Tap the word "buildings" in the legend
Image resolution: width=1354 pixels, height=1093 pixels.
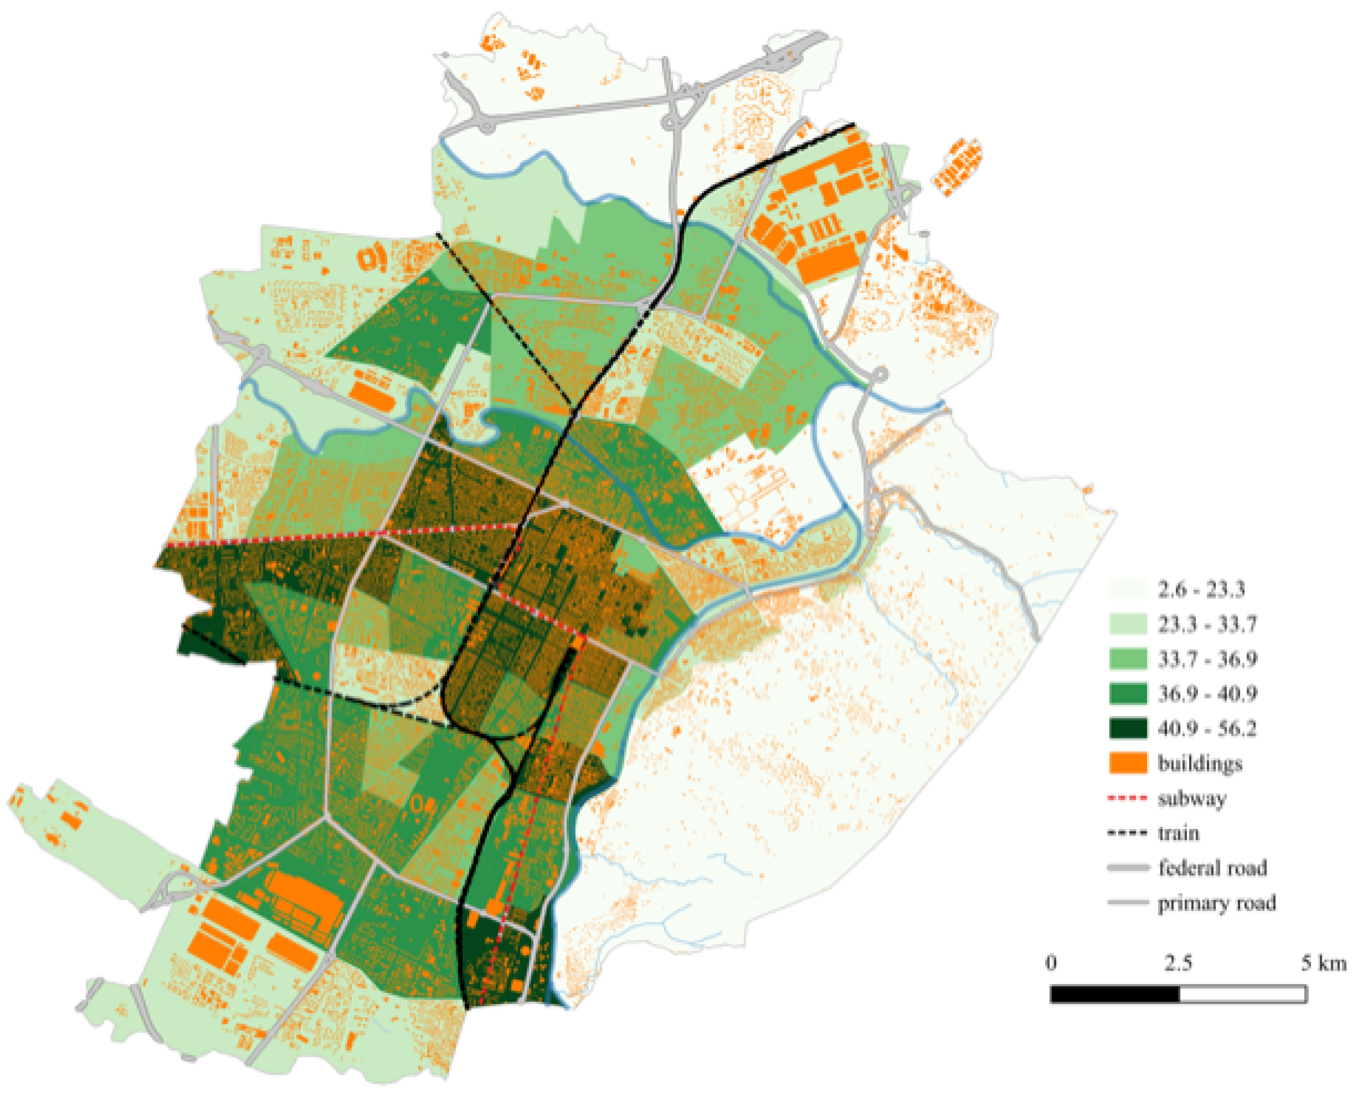pos(1200,764)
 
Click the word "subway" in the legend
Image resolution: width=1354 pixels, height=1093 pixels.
pos(1192,799)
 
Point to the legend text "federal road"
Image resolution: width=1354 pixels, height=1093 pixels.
pos(1212,868)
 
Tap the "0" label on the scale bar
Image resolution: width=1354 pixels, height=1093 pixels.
pos(1051,962)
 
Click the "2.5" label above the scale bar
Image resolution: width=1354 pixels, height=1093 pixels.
pos(1178,962)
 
